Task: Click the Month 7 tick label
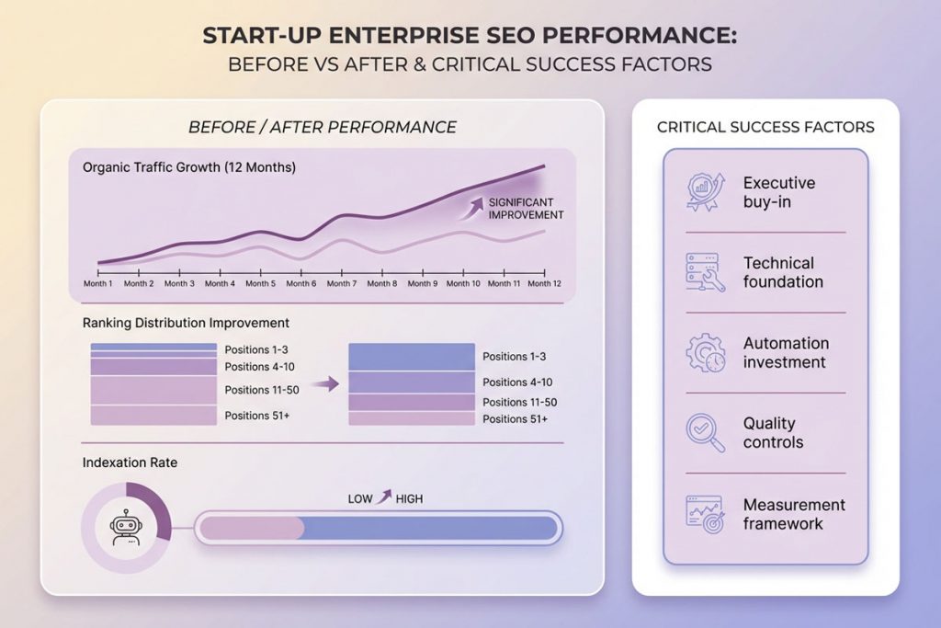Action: coord(341,284)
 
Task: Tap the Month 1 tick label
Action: coord(97,284)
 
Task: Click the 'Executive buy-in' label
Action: coord(778,192)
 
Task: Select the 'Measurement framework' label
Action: coord(794,514)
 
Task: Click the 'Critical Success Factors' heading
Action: coord(765,127)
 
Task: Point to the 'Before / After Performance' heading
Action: coord(322,127)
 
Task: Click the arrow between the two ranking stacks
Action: coord(321,383)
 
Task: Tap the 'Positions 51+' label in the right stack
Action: coord(515,419)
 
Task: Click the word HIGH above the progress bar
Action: coord(409,498)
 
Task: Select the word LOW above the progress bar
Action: coord(360,498)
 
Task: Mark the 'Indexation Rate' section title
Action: coord(130,462)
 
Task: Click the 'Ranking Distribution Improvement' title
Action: coord(186,323)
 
